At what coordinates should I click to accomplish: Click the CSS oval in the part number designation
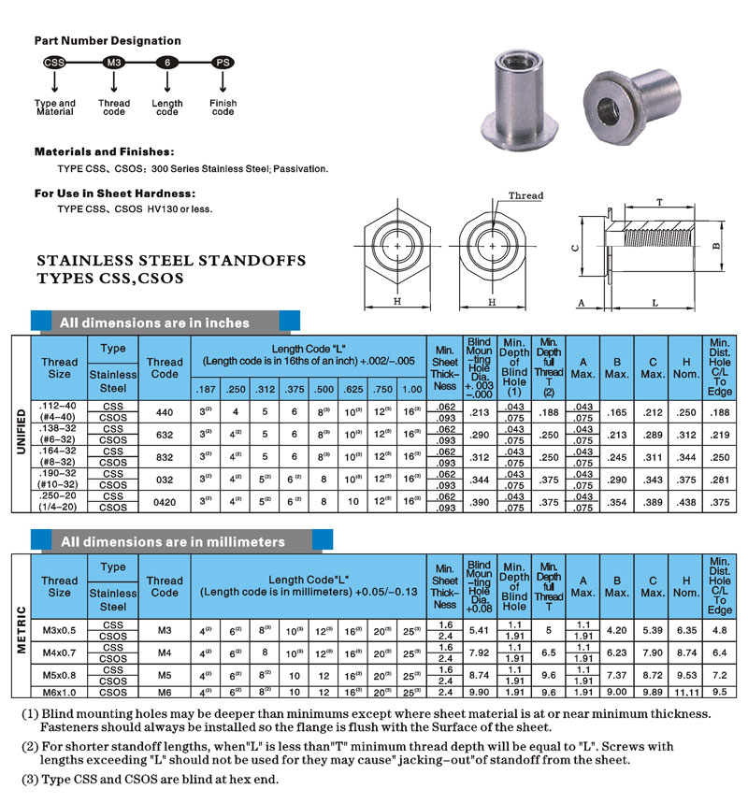(54, 63)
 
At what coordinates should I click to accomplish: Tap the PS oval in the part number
(223, 63)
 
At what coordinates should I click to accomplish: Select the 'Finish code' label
(223, 108)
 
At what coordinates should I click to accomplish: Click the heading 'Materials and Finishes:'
(104, 151)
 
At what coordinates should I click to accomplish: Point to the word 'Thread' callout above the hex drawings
(525, 195)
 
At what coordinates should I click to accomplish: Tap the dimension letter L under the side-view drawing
(654, 304)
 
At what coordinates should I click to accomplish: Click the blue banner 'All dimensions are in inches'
(154, 323)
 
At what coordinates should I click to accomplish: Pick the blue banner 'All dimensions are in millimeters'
(172, 541)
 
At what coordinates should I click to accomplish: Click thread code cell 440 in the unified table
(165, 411)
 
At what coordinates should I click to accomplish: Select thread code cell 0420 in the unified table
(165, 501)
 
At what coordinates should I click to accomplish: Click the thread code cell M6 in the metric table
(165, 691)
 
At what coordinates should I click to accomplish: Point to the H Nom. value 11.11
(686, 692)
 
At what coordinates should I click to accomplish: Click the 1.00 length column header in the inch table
(411, 389)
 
